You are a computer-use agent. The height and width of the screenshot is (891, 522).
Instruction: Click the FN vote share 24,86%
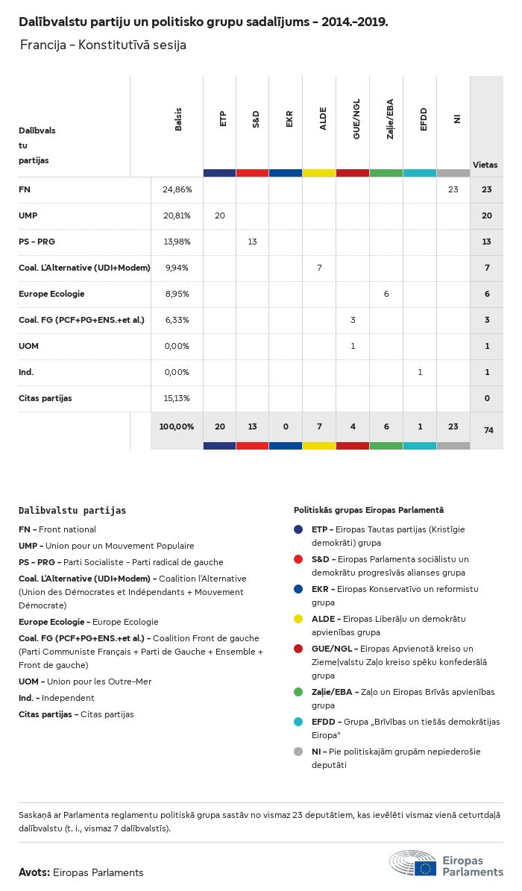[177, 190]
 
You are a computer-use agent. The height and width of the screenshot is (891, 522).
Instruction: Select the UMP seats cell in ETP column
[219, 216]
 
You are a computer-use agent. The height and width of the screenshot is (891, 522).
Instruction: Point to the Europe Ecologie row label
[51, 295]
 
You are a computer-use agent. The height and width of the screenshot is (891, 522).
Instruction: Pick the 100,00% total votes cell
[177, 426]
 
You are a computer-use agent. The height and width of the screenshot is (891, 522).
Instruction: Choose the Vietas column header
[485, 165]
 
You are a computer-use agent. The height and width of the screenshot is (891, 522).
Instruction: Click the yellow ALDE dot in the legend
[298, 619]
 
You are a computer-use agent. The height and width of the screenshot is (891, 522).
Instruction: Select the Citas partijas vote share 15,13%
[177, 398]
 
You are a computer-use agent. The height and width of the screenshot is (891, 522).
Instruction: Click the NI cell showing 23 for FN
[453, 190]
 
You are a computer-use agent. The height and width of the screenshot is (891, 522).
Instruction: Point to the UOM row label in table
[29, 346]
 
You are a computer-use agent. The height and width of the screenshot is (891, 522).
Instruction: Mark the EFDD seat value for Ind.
[420, 372]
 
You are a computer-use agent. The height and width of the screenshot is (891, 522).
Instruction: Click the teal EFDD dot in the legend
[298, 722]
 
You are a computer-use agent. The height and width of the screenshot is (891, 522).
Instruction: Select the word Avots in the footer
[34, 872]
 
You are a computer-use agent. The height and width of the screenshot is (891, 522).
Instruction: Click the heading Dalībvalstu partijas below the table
[72, 511]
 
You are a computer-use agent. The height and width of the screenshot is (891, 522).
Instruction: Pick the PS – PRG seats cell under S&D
[253, 242]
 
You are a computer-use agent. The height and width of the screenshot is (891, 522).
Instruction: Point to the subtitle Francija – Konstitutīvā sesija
[103, 45]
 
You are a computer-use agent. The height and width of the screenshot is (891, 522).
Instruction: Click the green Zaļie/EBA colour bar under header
[386, 173]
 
